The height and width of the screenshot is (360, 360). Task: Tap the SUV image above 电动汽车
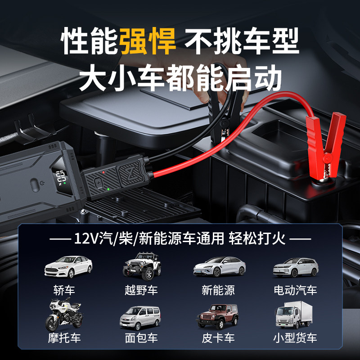(296, 267)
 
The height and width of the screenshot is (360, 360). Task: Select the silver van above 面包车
(140, 317)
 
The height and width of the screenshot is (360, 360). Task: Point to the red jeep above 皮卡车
(218, 316)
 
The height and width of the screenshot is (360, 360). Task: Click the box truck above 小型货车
(295, 315)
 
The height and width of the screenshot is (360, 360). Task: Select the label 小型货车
(295, 338)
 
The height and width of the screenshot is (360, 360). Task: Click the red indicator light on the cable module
(103, 172)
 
